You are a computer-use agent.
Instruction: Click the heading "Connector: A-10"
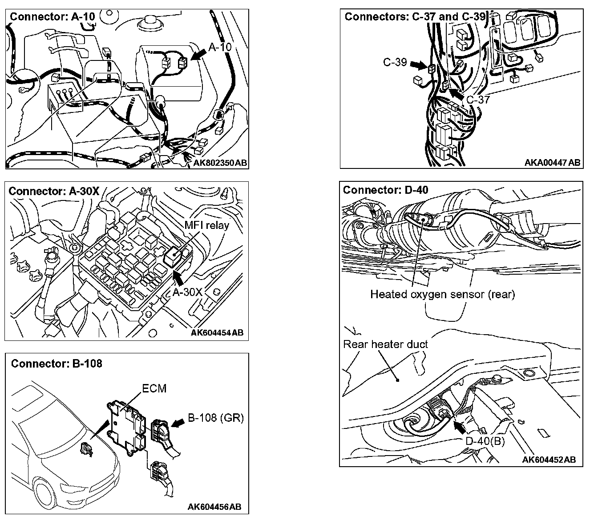coord(52,16)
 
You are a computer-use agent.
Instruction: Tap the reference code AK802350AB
coord(220,163)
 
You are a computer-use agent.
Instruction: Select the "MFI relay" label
coord(207,225)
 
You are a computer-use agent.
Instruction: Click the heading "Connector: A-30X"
coord(54,191)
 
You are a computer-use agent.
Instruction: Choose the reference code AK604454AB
coord(217,332)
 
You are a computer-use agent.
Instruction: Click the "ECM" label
coord(154,388)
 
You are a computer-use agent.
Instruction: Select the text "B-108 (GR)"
coord(216,417)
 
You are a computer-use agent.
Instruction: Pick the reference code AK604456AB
coord(214,507)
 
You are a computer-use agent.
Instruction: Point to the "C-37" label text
coord(478,100)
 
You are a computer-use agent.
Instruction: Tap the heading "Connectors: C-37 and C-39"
coord(415,16)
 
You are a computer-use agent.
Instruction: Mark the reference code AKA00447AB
coord(552,163)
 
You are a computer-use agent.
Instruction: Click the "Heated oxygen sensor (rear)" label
coord(442,294)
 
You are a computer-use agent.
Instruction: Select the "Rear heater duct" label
coord(385,344)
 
